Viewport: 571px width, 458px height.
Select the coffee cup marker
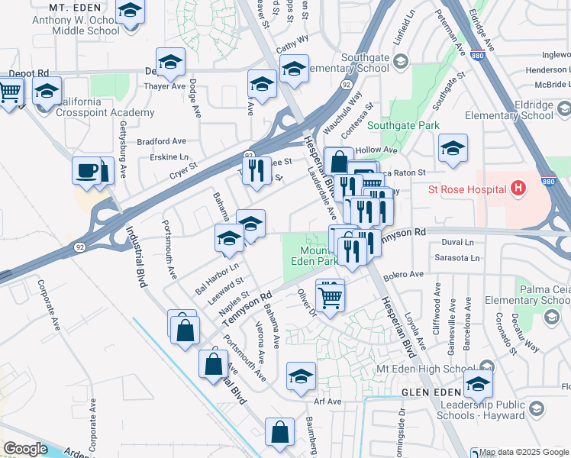pos(86,171)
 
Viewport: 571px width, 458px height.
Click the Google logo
pos(26,448)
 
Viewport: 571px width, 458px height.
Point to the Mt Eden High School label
pos(421,369)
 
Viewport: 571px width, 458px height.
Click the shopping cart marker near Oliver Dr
pos(329,295)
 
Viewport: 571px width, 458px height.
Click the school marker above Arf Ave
pos(301,376)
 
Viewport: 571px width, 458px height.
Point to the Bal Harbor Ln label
pos(217,279)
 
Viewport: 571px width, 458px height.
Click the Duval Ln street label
pos(458,241)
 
